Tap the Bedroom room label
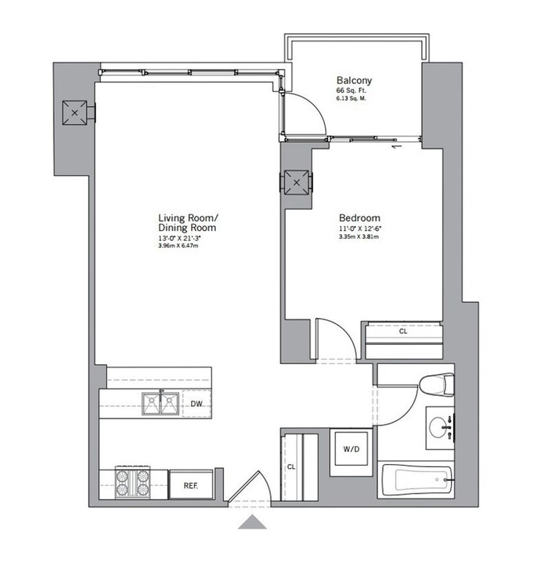pos(359,218)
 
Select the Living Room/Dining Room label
pos(188,223)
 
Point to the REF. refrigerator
pos(191,485)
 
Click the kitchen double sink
pos(160,403)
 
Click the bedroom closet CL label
pos(402,332)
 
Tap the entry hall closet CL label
pos(291,466)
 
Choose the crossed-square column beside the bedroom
pos(297,183)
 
